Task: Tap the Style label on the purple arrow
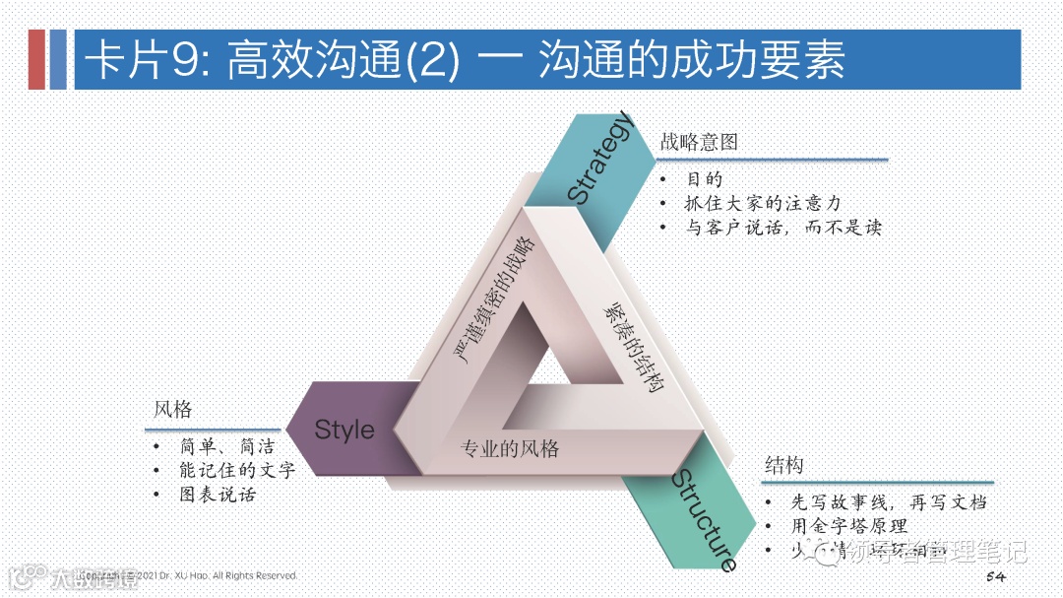tap(344, 430)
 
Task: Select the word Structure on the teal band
tap(705, 520)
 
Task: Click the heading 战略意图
tap(699, 142)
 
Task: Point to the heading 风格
tap(172, 410)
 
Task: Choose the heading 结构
tap(784, 465)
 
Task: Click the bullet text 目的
tap(705, 179)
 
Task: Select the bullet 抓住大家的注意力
tap(764, 203)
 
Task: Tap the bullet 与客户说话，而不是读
tap(783, 227)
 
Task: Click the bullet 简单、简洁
tap(226, 447)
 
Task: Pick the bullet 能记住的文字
tap(237, 471)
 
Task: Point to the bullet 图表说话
tap(218, 495)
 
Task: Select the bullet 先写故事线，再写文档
tap(889, 502)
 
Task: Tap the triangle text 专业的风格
tap(510, 449)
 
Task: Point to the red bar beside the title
tap(36, 59)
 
